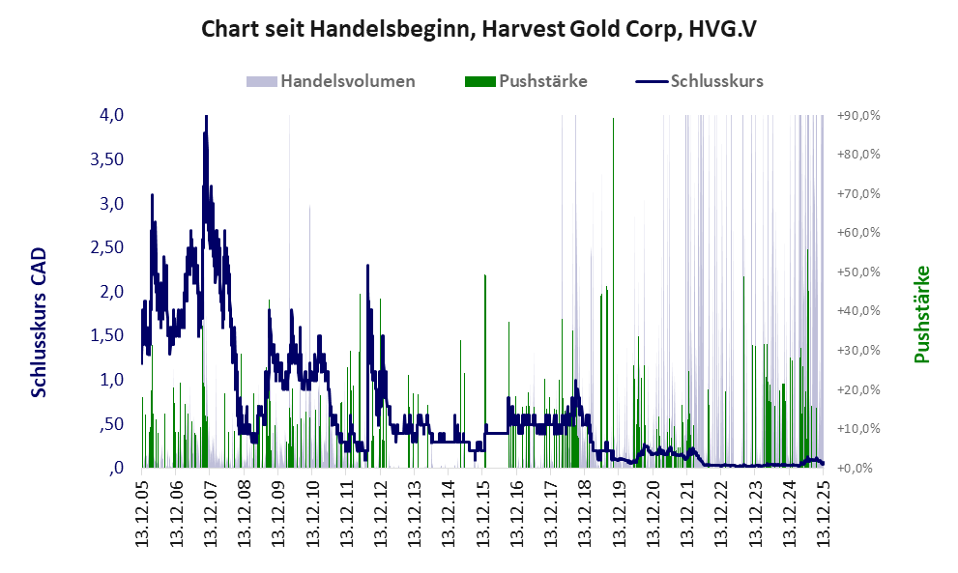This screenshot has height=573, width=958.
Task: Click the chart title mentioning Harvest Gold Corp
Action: pyautogui.click(x=479, y=29)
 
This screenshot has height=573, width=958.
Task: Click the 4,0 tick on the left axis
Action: pyautogui.click(x=112, y=115)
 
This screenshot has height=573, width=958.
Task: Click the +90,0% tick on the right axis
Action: pyautogui.click(x=858, y=115)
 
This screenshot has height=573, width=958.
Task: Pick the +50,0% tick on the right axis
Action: pyautogui.click(x=858, y=272)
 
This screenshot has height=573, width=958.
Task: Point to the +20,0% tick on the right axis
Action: pyautogui.click(x=858, y=389)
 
